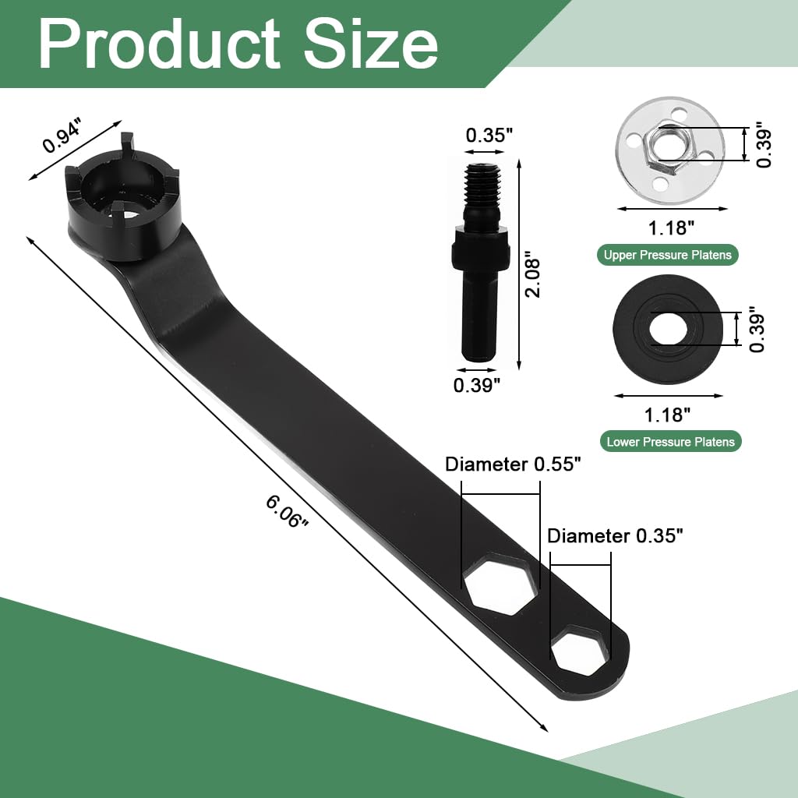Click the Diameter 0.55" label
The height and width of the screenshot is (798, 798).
coord(514,464)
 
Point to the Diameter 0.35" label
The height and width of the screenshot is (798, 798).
coord(615,535)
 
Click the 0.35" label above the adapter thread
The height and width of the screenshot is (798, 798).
coord(489,134)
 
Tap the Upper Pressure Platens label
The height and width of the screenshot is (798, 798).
coord(668,255)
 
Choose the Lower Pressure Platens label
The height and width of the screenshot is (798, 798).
coord(670,442)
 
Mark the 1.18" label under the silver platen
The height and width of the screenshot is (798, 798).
coord(670,228)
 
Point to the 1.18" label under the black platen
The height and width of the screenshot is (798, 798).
coord(667,414)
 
